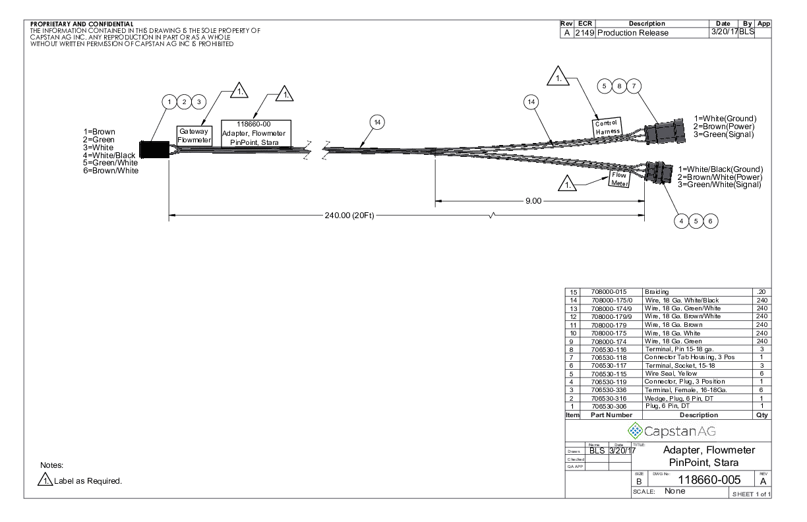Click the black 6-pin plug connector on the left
[x=151, y=150]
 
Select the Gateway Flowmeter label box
[x=194, y=135]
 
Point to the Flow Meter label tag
[x=619, y=179]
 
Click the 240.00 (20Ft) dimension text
[x=349, y=216]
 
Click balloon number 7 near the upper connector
[x=634, y=86]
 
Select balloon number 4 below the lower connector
[x=682, y=221]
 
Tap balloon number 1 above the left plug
[x=170, y=101]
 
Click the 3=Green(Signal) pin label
[x=724, y=134]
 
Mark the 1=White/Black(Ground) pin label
[x=721, y=169]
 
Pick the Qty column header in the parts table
[x=763, y=415]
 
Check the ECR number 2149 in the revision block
[x=585, y=32]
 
